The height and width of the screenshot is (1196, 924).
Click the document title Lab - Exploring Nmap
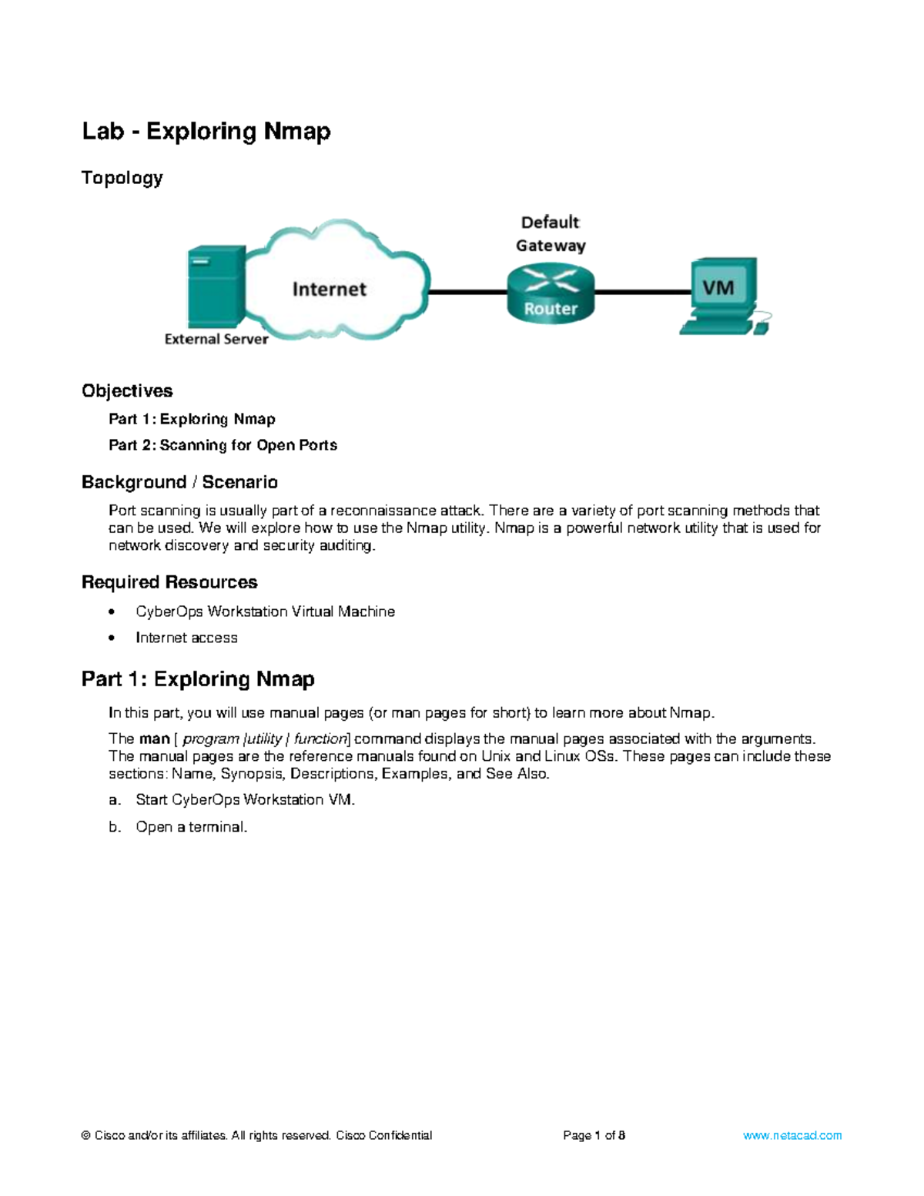[x=206, y=132]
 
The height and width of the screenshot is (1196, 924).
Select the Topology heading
[x=122, y=178]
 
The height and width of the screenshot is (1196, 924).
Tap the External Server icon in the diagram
[x=216, y=286]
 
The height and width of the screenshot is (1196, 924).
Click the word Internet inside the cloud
[x=329, y=290]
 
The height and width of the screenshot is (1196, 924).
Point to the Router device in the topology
[x=551, y=293]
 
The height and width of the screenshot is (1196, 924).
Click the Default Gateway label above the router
[x=551, y=234]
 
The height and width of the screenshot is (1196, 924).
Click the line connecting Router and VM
[x=642, y=292]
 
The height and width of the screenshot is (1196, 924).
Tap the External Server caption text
[x=216, y=339]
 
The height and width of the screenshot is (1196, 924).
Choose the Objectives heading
[x=127, y=391]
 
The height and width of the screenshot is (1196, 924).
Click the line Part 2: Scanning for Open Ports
[x=223, y=445]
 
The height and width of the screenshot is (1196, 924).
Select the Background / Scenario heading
[x=179, y=482]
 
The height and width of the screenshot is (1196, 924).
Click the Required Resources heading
[x=169, y=582]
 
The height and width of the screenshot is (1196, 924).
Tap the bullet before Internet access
[x=112, y=638]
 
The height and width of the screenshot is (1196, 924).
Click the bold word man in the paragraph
[x=154, y=739]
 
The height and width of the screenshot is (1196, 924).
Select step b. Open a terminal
[x=191, y=827]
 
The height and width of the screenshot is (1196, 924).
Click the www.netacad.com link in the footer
[x=792, y=1135]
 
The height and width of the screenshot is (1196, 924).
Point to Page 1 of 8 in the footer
[x=594, y=1135]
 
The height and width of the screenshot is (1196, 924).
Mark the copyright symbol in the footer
[x=86, y=1135]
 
